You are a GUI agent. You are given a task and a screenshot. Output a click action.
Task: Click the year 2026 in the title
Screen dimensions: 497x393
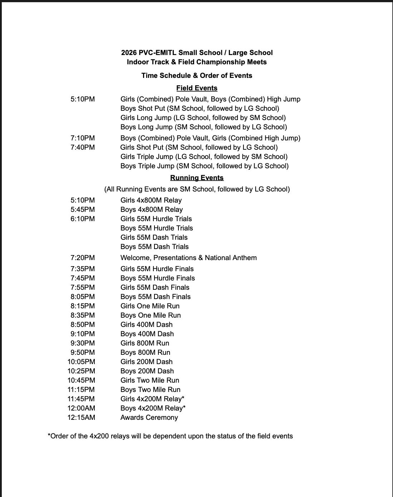tap(129, 53)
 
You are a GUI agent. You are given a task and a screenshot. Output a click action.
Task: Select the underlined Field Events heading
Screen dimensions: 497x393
tap(197, 88)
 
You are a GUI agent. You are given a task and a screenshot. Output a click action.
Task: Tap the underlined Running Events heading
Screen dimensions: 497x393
tap(197, 178)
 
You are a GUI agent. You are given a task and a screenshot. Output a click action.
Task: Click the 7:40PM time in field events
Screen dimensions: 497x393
tap(83, 147)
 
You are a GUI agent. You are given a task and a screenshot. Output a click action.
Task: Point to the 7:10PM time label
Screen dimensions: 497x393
tap(83, 138)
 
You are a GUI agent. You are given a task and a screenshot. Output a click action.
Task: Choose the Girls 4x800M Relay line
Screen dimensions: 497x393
tap(151, 200)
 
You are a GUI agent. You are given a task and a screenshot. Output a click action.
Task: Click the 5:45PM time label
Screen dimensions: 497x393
tap(83, 210)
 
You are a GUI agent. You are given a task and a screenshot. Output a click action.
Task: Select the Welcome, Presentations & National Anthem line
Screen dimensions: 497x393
tap(188, 258)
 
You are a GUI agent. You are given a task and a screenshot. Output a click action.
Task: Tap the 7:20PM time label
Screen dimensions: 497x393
tap(83, 258)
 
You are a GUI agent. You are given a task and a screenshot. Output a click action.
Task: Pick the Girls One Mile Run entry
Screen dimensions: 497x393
tap(150, 306)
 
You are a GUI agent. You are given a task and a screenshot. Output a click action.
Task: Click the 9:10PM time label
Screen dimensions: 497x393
tap(83, 334)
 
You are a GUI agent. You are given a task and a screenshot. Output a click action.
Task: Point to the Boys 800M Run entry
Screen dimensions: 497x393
tap(145, 353)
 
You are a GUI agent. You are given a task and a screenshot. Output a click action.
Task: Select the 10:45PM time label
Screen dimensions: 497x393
tap(81, 381)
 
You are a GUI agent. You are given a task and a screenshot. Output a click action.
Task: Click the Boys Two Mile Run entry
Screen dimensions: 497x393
tap(150, 390)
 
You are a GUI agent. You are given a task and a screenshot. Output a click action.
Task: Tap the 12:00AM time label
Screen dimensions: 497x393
tap(81, 408)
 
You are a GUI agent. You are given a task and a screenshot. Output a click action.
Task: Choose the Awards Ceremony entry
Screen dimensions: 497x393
tap(149, 418)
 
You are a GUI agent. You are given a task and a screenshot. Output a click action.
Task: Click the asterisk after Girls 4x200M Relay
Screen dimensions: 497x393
tap(183, 398)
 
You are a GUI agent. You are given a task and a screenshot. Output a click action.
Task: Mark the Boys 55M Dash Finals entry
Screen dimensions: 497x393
tap(156, 297)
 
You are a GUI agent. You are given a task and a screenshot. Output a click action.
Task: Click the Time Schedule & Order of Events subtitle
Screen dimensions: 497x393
tap(197, 76)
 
